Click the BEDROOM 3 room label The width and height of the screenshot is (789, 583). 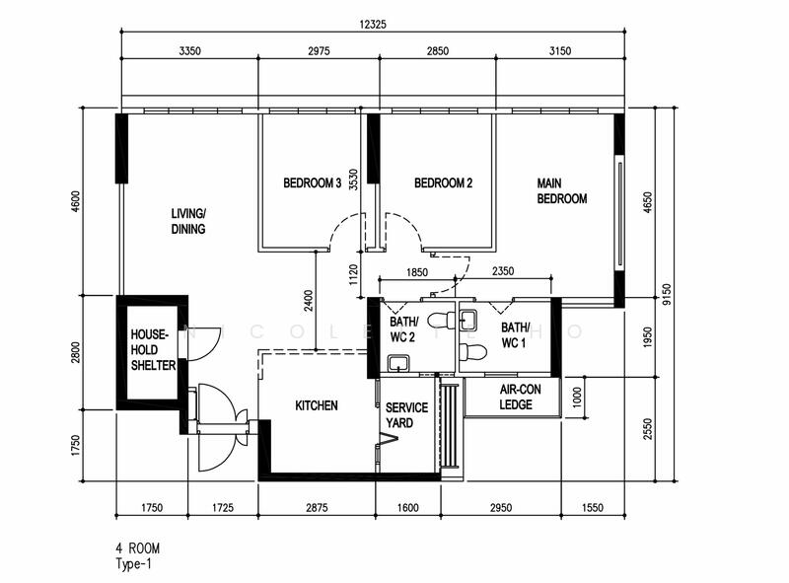(x=312, y=182)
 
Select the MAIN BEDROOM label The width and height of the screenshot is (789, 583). (x=561, y=190)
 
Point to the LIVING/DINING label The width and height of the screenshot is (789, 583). (x=187, y=222)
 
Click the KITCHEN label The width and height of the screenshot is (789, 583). (x=317, y=405)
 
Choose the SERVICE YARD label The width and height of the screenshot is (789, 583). (x=405, y=414)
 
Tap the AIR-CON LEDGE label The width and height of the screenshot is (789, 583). (x=515, y=397)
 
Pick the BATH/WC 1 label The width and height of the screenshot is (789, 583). (x=515, y=335)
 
